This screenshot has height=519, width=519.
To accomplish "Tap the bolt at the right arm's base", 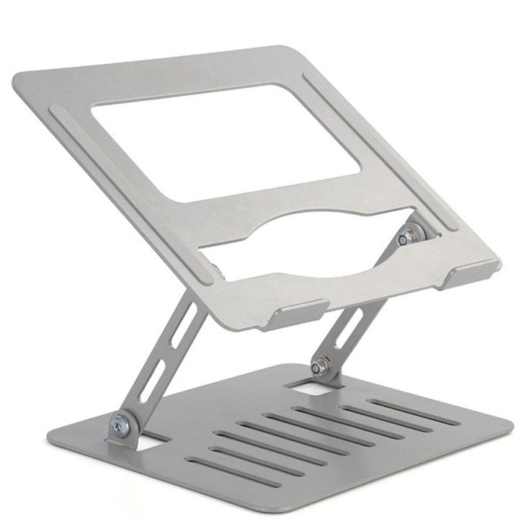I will click(320, 367).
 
